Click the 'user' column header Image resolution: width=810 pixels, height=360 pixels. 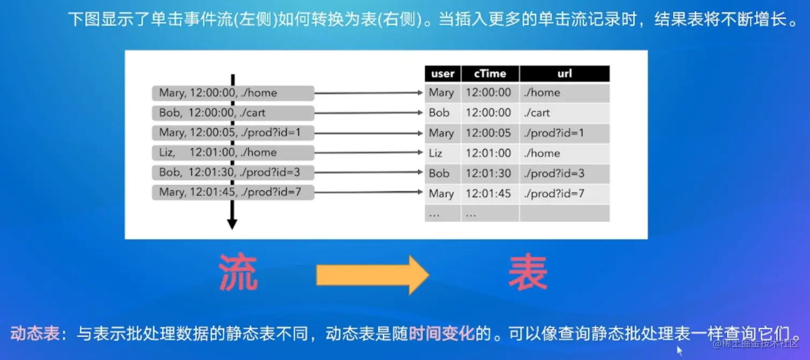tap(442, 74)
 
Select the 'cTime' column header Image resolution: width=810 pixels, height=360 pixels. tap(490, 74)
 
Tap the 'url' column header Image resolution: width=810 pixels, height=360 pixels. tap(565, 74)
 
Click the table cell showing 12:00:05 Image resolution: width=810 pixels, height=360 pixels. tap(489, 133)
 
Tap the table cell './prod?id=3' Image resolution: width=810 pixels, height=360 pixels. tap(554, 174)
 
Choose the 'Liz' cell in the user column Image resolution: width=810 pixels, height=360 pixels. tap(436, 153)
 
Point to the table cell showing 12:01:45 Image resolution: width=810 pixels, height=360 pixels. tap(489, 193)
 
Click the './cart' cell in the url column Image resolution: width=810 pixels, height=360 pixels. tap(537, 113)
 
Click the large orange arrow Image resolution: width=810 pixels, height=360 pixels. tap(372, 275)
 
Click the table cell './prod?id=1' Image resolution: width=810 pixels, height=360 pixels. tap(554, 133)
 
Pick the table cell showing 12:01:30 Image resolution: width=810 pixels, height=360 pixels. tap(489, 174)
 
